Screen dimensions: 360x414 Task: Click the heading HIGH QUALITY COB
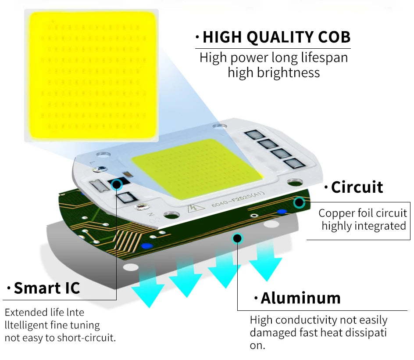point(276,37)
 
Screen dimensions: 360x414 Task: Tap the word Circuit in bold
point(357,187)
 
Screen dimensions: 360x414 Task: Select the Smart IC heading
point(47,288)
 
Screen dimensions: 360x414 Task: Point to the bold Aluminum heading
point(300,298)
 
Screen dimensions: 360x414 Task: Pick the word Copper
point(337,213)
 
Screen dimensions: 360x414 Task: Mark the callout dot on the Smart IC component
point(117,184)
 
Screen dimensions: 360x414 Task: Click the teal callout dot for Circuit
point(299,202)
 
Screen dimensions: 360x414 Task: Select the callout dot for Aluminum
point(237,238)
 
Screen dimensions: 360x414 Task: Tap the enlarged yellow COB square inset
point(91,76)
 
